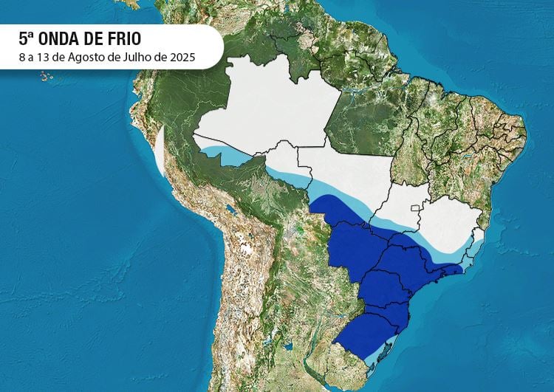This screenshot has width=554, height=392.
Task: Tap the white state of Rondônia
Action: (284, 162)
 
